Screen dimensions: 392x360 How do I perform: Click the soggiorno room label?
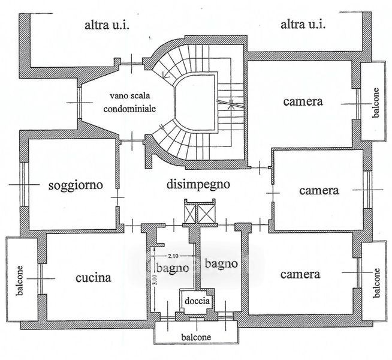pos(76,185)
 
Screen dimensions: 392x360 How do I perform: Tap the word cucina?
pos(94,278)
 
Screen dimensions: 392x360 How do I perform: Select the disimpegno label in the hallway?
pos(198,185)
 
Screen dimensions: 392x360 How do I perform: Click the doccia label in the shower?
pos(197,301)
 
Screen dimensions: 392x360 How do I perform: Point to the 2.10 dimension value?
pos(173,256)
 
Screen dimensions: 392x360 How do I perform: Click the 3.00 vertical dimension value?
pos(155,280)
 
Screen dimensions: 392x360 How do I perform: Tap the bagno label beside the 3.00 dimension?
pos(173,269)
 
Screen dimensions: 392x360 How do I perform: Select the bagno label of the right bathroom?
pos(221,264)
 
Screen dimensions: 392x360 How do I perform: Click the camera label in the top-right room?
pos(303,101)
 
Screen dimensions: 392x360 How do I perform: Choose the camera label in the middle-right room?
pos(319,190)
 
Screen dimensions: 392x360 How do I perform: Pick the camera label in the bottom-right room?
pos(300,274)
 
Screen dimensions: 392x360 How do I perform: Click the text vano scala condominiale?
pos(129,103)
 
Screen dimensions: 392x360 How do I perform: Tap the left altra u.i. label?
pos(107,25)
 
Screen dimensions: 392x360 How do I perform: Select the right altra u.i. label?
pos(303,25)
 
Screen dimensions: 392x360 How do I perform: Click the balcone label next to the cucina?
pos(19,281)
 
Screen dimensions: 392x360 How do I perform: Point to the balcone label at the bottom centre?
pos(196,337)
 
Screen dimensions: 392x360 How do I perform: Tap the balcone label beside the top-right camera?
pos(376,103)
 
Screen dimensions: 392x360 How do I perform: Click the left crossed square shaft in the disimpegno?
pos(190,214)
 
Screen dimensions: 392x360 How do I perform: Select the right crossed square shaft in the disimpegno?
pos(206,214)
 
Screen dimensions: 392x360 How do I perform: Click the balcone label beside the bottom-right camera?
pos(376,283)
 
